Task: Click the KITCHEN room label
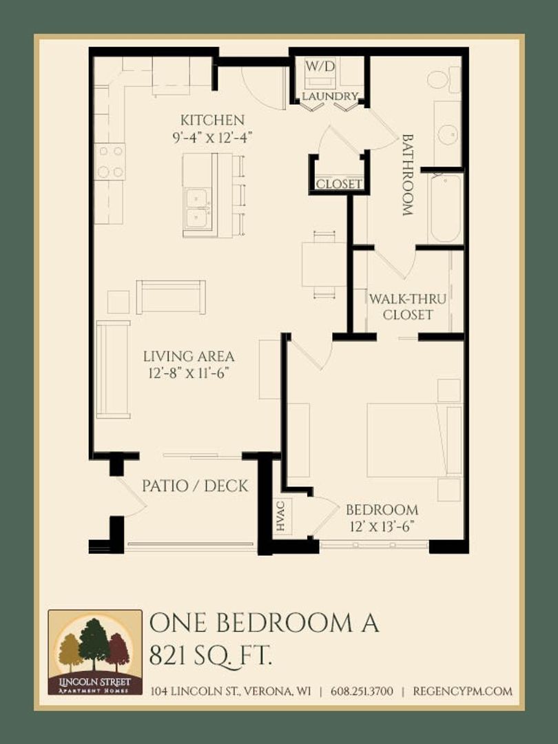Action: point(212,120)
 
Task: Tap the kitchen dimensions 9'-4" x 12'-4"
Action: point(211,138)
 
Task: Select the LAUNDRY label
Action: point(330,96)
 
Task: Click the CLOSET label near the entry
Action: point(339,184)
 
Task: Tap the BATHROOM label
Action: point(408,175)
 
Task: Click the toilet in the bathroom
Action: point(444,79)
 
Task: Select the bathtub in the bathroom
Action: point(446,209)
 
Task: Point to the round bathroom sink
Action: point(448,135)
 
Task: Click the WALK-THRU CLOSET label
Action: point(408,307)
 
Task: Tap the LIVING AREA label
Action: point(189,356)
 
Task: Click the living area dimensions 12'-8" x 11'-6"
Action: point(189,373)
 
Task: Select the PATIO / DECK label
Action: point(195,486)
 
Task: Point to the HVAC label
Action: point(280,516)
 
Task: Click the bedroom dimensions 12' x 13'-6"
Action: point(382,526)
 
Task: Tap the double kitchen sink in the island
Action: point(198,209)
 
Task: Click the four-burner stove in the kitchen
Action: point(110,162)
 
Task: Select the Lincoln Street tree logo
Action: point(95,652)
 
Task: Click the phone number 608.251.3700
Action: point(362,691)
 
